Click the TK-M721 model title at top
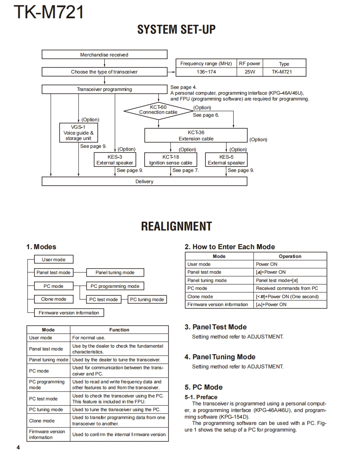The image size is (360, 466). (x=49, y=12)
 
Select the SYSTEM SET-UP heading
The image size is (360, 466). (x=176, y=29)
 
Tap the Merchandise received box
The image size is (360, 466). (x=104, y=54)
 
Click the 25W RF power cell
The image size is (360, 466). (x=249, y=72)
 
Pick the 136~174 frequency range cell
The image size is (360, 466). (x=206, y=72)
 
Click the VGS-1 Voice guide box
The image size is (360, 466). (x=79, y=133)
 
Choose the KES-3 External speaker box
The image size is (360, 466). (x=115, y=160)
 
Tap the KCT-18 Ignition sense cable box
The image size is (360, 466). (x=171, y=160)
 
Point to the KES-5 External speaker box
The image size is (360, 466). (x=226, y=160)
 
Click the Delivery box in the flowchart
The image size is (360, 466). (x=144, y=181)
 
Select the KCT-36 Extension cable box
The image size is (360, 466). (x=196, y=135)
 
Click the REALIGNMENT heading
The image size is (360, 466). (x=176, y=226)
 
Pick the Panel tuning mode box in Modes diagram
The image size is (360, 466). (x=115, y=272)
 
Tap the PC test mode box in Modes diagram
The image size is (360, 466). (x=104, y=299)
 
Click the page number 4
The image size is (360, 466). (x=18, y=448)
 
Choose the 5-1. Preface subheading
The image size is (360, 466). (x=201, y=397)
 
